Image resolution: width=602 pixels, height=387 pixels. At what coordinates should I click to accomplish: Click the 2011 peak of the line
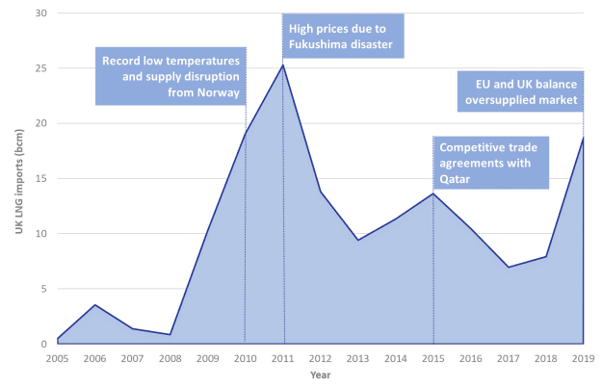(x=283, y=64)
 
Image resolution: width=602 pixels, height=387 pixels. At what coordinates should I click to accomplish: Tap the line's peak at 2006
(x=94, y=305)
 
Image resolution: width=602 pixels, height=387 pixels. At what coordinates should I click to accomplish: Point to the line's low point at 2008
(x=170, y=334)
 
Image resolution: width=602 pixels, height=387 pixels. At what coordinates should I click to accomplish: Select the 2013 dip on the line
(x=358, y=240)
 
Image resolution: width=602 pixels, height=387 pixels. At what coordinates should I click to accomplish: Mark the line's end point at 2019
(x=584, y=137)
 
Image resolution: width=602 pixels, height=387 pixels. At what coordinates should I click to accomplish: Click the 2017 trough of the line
(x=509, y=267)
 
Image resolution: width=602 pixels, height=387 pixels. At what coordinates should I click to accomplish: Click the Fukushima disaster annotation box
(x=344, y=36)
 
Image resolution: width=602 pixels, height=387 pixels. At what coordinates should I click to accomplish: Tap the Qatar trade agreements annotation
(x=491, y=164)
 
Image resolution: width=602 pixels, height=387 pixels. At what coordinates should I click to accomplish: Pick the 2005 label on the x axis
(x=57, y=357)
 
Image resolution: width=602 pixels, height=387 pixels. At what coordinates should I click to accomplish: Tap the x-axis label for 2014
(x=396, y=357)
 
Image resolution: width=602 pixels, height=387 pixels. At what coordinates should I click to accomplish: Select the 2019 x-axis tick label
(x=584, y=357)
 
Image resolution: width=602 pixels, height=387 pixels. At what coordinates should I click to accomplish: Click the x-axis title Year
(x=320, y=375)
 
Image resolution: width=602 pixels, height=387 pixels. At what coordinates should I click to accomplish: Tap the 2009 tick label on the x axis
(x=207, y=357)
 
